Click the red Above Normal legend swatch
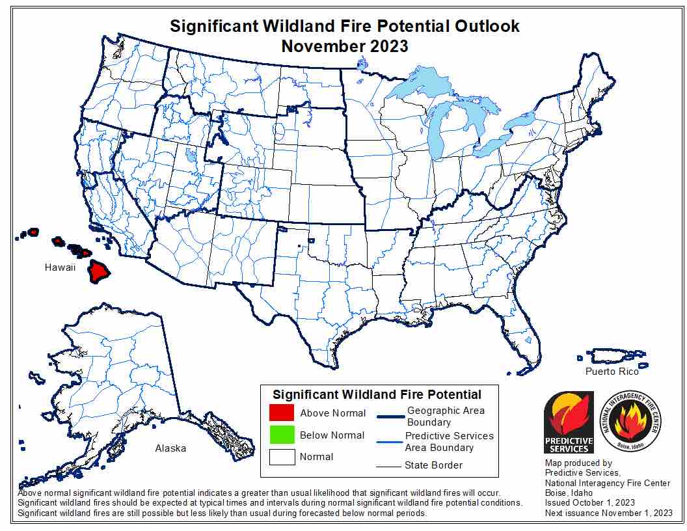(x=281, y=413)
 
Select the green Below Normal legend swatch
(x=281, y=435)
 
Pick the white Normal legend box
(x=281, y=457)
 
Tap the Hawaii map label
(x=61, y=267)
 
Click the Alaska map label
(x=170, y=448)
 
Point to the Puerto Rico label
(x=612, y=372)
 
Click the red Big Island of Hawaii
(x=99, y=271)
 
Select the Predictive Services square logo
(x=569, y=422)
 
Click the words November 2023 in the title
(x=344, y=46)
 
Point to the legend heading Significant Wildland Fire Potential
(x=377, y=394)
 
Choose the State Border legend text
(x=433, y=465)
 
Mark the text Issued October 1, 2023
(x=589, y=503)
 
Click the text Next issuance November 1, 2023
(x=609, y=513)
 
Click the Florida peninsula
(x=528, y=338)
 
